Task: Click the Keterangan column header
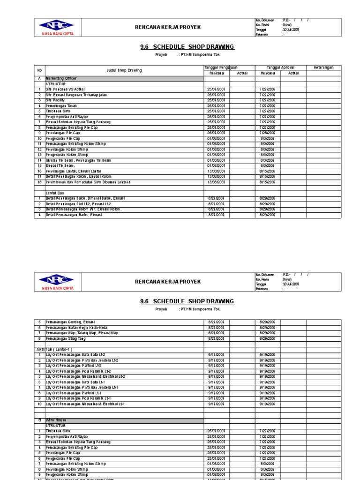point(323,67)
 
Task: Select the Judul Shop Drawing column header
point(123,70)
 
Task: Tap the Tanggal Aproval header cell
point(280,67)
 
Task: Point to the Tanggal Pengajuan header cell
point(222,67)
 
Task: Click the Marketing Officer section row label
point(61,78)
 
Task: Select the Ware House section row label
point(55,420)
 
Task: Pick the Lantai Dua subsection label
point(55,193)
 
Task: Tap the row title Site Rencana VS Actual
point(65,89)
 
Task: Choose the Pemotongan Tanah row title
point(61,105)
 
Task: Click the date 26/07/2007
point(217,133)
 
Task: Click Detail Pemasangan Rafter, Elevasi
point(74,215)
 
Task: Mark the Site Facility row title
point(55,100)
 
